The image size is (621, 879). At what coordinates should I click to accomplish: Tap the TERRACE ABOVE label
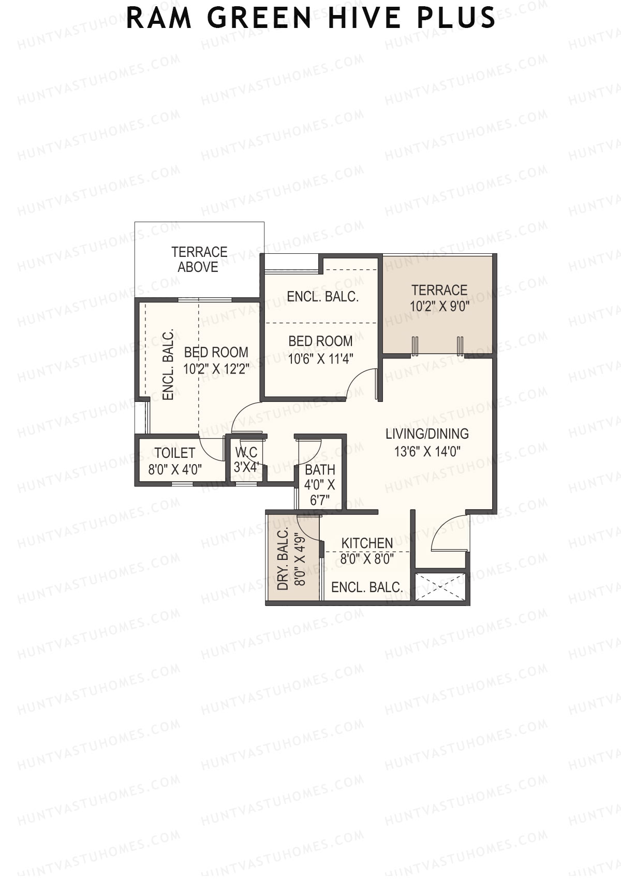(x=199, y=260)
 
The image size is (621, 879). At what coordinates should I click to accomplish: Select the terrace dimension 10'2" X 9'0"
(x=439, y=306)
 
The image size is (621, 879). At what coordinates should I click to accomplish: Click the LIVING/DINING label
(x=427, y=434)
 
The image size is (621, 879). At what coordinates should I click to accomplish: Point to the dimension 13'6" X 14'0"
(x=427, y=451)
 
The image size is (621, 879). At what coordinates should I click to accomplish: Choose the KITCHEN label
(x=367, y=543)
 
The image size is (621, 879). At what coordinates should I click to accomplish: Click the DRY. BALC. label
(x=283, y=559)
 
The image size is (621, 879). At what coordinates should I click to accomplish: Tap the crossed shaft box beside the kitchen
(x=440, y=587)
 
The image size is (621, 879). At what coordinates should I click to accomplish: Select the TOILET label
(x=174, y=453)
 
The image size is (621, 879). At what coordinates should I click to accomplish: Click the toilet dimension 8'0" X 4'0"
(x=175, y=469)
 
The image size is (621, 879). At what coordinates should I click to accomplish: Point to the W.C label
(x=246, y=453)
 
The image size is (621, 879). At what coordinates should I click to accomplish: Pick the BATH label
(x=320, y=470)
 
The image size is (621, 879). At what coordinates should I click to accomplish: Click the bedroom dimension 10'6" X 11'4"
(x=321, y=358)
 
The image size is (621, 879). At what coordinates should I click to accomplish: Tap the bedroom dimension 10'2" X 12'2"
(x=216, y=369)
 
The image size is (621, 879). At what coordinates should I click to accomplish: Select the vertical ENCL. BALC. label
(x=168, y=365)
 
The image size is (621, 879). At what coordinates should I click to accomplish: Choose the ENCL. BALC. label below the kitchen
(x=367, y=587)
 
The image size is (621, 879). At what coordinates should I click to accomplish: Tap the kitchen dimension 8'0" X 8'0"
(x=367, y=559)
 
